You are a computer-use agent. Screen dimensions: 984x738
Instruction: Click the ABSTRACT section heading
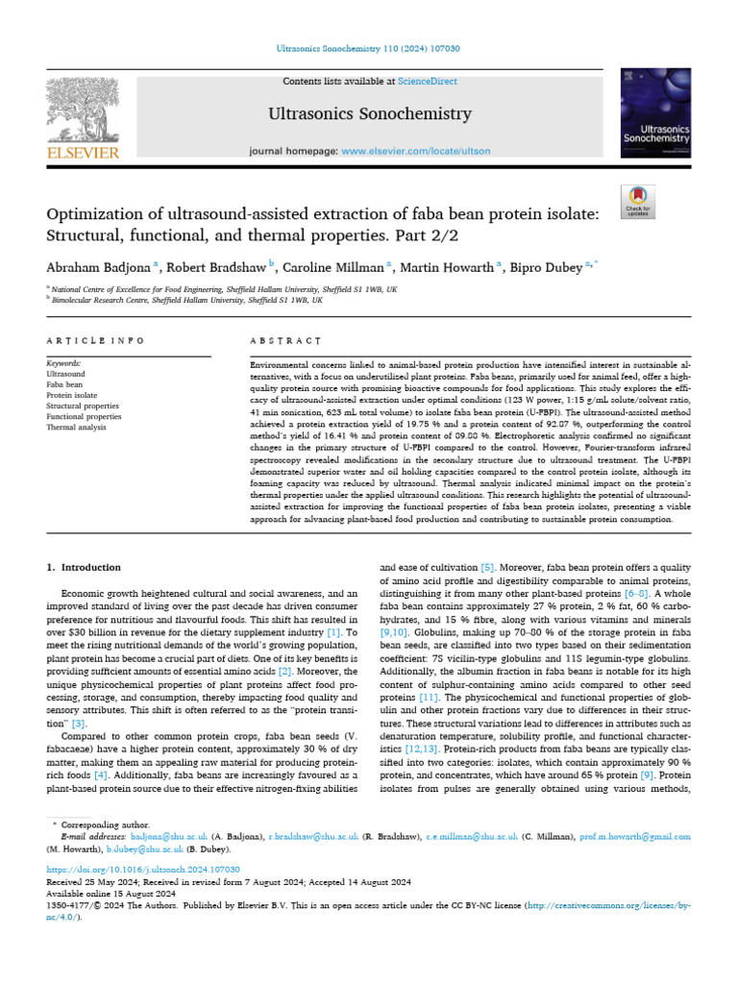tap(284, 341)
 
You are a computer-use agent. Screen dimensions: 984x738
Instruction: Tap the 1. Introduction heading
tap(84, 568)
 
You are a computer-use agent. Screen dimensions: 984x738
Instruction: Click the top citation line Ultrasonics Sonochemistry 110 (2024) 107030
tap(368, 47)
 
